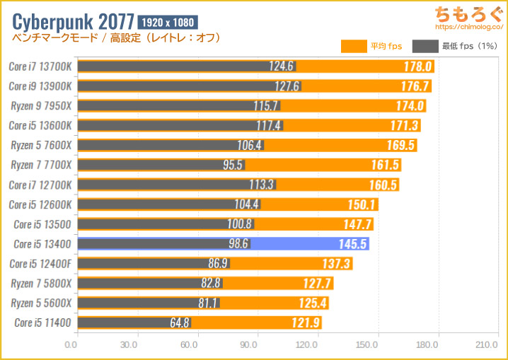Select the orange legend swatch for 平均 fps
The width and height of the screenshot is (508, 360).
pyautogui.click(x=353, y=47)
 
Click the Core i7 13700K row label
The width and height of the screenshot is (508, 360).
pyautogui.click(x=40, y=66)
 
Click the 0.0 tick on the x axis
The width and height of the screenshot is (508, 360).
pyautogui.click(x=71, y=346)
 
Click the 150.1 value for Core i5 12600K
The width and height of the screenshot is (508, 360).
pyautogui.click(x=363, y=204)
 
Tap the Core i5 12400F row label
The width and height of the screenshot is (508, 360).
pyautogui.click(x=40, y=264)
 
